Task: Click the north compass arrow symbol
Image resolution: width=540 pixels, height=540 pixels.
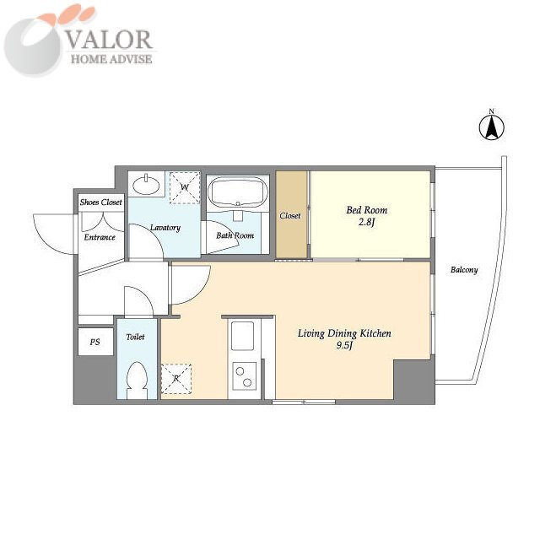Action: [x=491, y=126]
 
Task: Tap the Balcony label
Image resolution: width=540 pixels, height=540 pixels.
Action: [x=464, y=270]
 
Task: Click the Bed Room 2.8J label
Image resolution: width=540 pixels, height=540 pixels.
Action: [x=366, y=216]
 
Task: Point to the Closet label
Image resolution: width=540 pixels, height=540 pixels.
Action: [x=289, y=216]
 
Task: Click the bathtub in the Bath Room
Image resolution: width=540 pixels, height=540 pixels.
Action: [x=237, y=193]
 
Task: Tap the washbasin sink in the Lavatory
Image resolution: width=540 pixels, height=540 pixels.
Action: [x=146, y=185]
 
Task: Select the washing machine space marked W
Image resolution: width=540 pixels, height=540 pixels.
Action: [x=185, y=187]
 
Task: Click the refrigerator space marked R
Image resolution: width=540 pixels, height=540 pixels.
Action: [x=176, y=379]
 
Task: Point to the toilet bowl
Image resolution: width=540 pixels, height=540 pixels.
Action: [x=137, y=381]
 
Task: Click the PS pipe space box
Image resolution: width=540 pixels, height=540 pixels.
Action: [x=95, y=342]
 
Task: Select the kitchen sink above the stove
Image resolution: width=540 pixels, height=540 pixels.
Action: [x=242, y=336]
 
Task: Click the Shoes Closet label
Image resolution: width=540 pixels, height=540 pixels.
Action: [x=101, y=202]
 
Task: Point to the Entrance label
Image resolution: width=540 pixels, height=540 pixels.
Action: [x=100, y=237]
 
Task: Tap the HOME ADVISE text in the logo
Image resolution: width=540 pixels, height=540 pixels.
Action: [x=111, y=59]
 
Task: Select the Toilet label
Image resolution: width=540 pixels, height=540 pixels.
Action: [x=135, y=337]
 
